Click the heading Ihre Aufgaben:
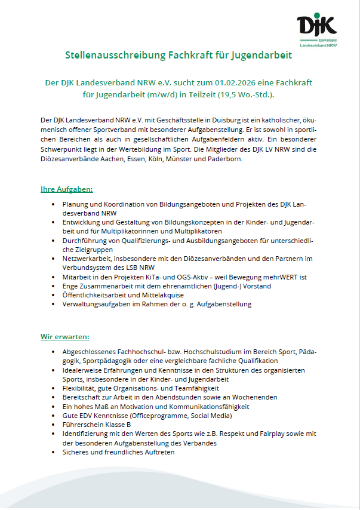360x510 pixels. pos(66,189)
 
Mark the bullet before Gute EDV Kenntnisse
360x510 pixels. pos(54,415)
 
